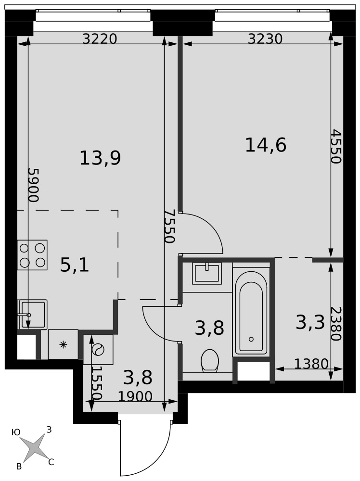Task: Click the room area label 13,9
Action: tap(100, 158)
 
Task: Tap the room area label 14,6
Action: tap(266, 145)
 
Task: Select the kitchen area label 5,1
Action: tap(75, 265)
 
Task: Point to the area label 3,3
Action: tap(310, 323)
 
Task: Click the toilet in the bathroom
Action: tap(210, 361)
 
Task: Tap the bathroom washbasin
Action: tap(207, 273)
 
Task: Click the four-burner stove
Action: tap(32, 255)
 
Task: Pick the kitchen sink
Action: tap(32, 315)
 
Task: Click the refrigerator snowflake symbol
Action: tap(63, 345)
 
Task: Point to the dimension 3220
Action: tap(100, 39)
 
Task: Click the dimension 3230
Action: tap(265, 39)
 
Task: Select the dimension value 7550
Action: tap(169, 226)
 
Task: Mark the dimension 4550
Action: tap(336, 146)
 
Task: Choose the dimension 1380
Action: tap(311, 364)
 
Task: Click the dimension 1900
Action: tap(135, 397)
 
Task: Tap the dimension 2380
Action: tap(336, 324)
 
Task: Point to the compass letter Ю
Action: tap(16, 432)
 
